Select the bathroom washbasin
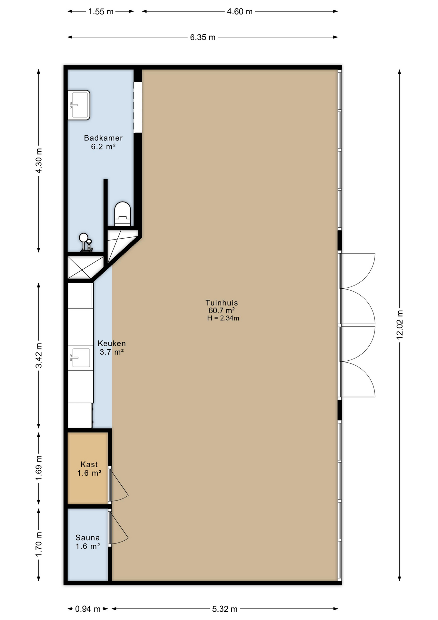pos(79,105)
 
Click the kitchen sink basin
pos(80,358)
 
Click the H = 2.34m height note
pos(223,318)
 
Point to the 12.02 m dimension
pos(400,325)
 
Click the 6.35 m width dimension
pos(203,37)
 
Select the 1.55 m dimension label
pos(101,12)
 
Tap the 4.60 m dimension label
pos(240,12)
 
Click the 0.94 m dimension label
pos(88,609)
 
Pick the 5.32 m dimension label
pos(225,609)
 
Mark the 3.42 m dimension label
pos(39,355)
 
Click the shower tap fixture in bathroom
pos(86,242)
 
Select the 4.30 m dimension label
pos(39,160)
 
